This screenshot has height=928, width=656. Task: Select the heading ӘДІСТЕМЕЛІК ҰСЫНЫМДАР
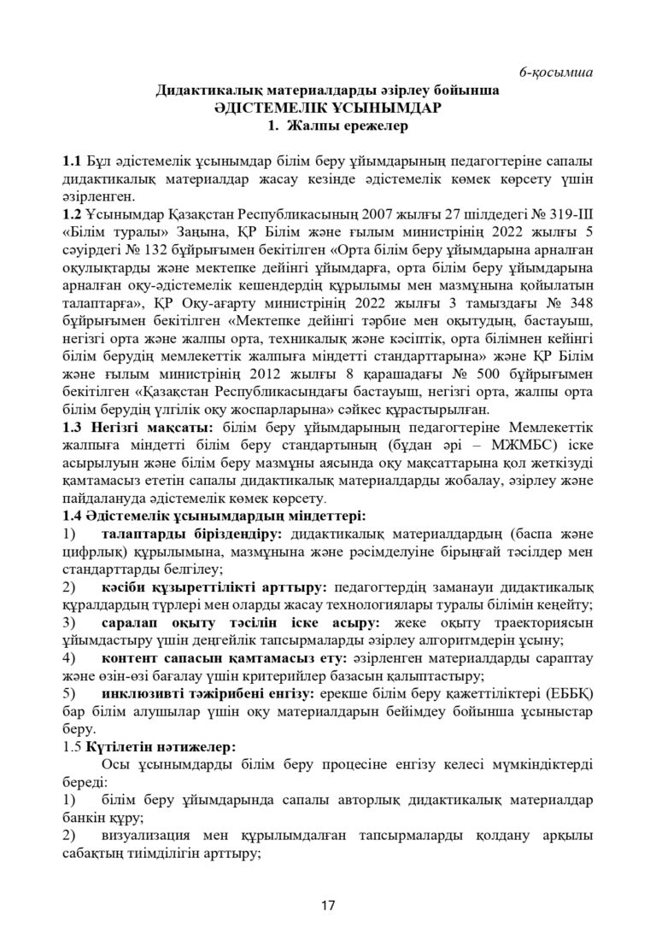(x=328, y=108)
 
